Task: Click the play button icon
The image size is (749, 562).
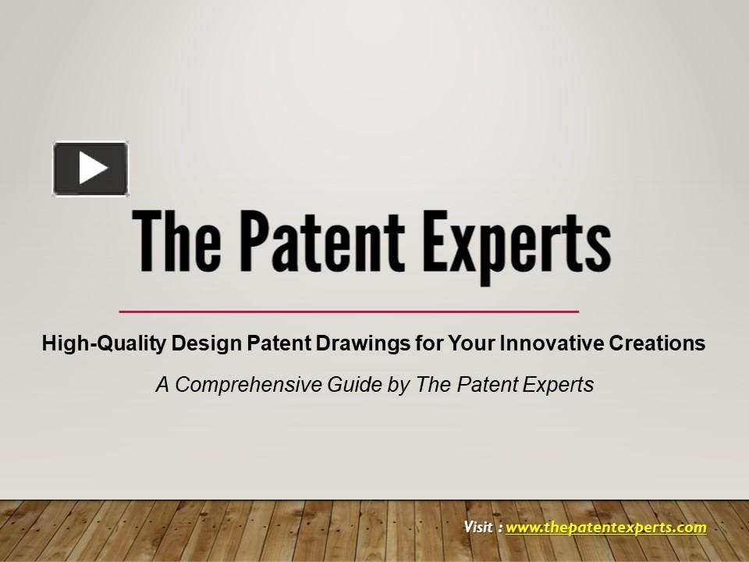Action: click(x=91, y=169)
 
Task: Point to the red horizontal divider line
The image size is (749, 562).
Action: click(x=349, y=311)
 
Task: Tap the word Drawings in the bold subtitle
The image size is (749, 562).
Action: click(x=353, y=343)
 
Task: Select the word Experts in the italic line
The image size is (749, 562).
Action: click(x=559, y=385)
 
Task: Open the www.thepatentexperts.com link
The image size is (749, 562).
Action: click(x=606, y=528)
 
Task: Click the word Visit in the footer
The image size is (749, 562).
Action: click(x=478, y=528)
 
